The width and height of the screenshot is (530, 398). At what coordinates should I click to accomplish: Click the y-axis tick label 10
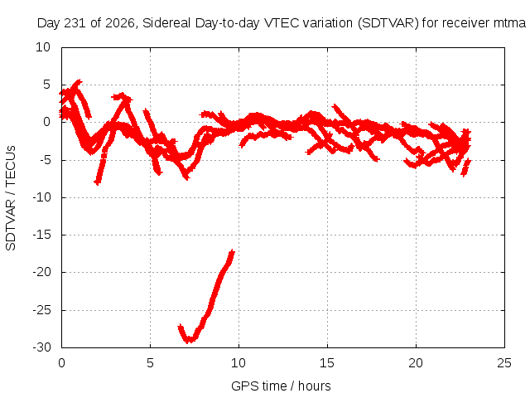pyautogui.click(x=43, y=47)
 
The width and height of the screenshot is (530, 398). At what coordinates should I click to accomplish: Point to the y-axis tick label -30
pyautogui.click(x=41, y=347)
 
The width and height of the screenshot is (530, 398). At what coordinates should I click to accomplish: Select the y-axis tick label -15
pyautogui.click(x=41, y=235)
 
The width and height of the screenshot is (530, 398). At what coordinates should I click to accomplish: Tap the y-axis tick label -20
pyautogui.click(x=41, y=272)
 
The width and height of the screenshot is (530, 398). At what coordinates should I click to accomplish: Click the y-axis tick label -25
pyautogui.click(x=41, y=309)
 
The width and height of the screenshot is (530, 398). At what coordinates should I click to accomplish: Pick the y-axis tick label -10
pyautogui.click(x=41, y=197)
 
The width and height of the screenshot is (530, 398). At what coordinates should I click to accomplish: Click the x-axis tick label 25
pyautogui.click(x=504, y=363)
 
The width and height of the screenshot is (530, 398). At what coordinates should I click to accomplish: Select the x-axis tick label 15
pyautogui.click(x=327, y=363)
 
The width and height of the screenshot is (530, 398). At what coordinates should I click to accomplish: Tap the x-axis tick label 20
pyautogui.click(x=416, y=363)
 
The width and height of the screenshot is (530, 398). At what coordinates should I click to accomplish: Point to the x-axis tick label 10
pyautogui.click(x=238, y=363)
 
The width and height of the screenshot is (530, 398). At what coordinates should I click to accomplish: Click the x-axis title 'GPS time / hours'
pyautogui.click(x=281, y=386)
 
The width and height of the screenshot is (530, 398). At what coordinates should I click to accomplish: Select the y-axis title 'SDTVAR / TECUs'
pyautogui.click(x=11, y=198)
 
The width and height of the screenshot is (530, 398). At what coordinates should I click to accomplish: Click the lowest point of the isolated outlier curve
pyautogui.click(x=190, y=340)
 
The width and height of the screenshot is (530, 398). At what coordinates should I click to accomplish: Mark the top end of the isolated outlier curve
pyautogui.click(x=232, y=251)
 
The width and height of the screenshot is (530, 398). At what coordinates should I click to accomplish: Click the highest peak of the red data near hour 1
pyautogui.click(x=79, y=81)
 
